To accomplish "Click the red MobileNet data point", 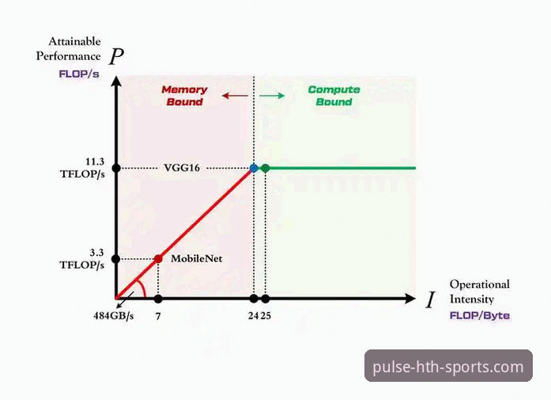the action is tap(158, 259).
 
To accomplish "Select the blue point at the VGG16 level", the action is tap(254, 168).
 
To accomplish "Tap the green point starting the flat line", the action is tap(266, 168).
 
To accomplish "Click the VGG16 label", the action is tap(182, 168).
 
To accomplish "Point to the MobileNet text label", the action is tap(196, 258).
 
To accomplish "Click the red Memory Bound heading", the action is tap(184, 96).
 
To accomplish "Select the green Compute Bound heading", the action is tap(334, 96).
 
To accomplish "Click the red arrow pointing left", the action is tap(235, 95).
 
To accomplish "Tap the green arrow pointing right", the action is tap(272, 95).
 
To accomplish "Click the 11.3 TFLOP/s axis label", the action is tap(82, 168).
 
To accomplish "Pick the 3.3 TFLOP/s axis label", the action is tap(82, 258).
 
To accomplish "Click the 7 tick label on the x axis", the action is tap(158, 316).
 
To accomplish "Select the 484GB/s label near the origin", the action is tap(114, 315).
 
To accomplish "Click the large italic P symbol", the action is tap(116, 56).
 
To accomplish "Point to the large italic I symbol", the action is tap(431, 300).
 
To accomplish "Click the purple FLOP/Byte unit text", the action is tap(480, 315).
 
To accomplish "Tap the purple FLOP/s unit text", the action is tap(79, 74).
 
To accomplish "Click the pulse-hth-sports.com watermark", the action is tap(448, 366).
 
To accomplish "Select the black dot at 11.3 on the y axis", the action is tap(116, 168).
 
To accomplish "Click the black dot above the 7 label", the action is tap(158, 299).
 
